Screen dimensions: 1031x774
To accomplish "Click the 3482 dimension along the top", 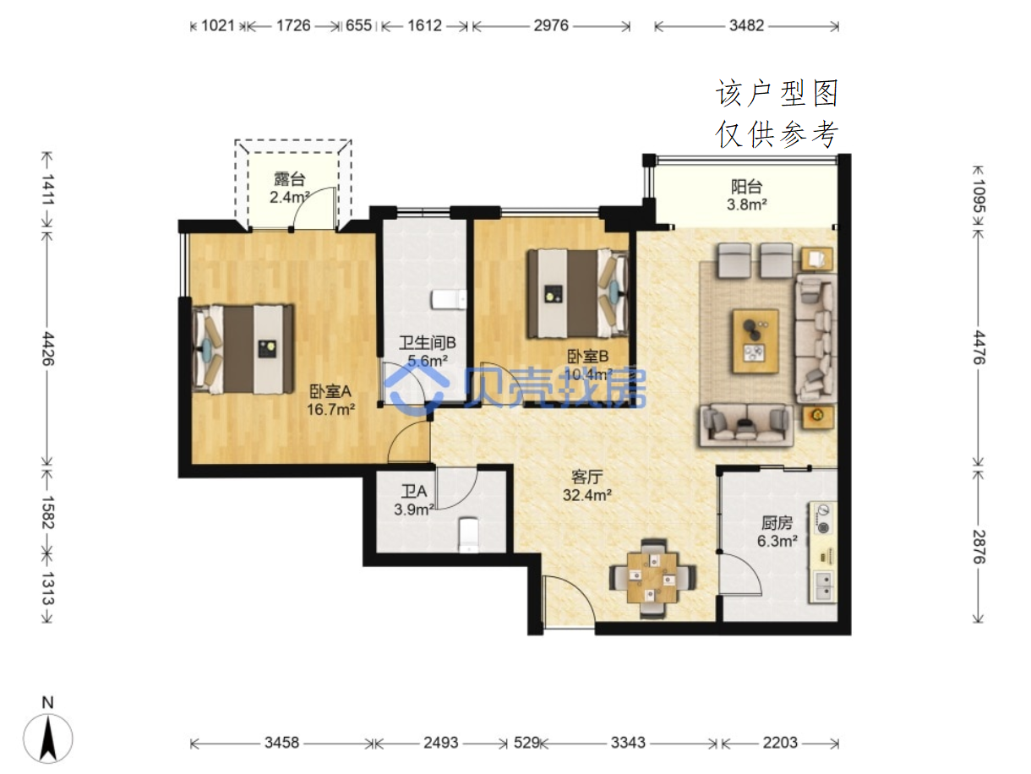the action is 746,25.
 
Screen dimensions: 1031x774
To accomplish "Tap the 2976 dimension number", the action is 550,25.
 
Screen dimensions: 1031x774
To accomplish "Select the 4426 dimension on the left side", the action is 48,348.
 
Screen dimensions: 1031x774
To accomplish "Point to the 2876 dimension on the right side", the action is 979,546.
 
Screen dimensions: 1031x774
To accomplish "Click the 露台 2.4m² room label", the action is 289,188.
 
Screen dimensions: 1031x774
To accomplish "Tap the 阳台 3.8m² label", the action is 746,195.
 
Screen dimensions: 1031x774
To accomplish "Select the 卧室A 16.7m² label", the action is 330,401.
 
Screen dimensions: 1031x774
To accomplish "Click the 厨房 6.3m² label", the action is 777,531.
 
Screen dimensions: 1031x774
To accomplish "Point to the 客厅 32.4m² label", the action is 586,486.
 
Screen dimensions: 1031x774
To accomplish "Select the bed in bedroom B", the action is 578,293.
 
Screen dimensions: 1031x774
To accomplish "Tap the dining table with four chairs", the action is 652,578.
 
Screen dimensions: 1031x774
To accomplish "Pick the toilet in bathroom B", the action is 449,300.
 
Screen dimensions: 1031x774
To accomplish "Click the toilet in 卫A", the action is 468,535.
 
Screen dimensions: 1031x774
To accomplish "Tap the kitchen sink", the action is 822,586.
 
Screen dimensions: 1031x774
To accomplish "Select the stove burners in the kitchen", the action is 823,519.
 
